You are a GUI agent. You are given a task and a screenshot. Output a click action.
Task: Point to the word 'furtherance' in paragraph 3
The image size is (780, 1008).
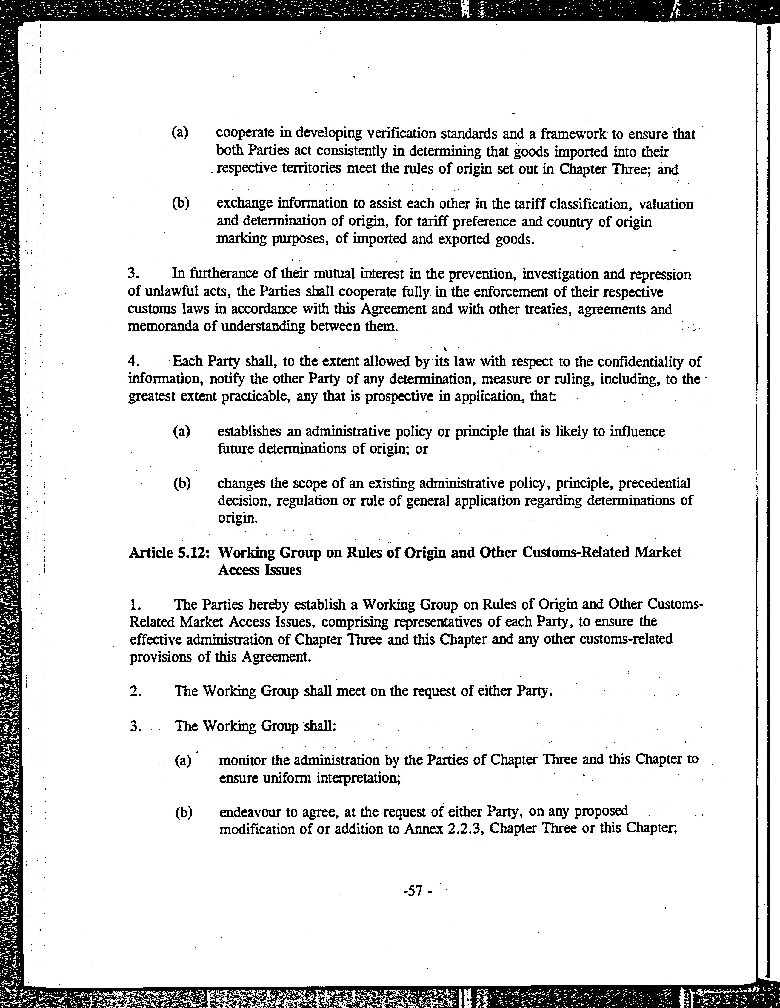(223, 274)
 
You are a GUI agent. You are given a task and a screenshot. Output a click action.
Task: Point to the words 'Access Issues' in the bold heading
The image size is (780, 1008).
(260, 570)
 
